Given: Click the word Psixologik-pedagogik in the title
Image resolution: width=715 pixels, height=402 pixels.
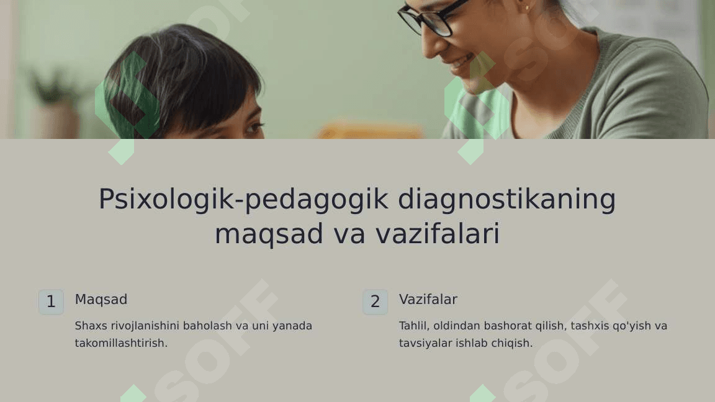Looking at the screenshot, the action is click(x=244, y=200).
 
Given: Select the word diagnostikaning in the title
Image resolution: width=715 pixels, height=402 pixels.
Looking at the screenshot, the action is click(x=506, y=200).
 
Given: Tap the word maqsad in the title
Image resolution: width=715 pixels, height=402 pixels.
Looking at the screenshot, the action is click(x=269, y=234).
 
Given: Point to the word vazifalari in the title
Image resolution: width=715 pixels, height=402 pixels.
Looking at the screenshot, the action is click(x=438, y=233).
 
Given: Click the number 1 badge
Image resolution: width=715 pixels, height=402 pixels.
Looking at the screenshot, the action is click(x=51, y=301).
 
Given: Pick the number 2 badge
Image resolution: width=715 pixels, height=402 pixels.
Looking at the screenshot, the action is click(x=375, y=301).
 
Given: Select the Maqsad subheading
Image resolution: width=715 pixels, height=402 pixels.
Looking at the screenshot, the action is click(x=101, y=300).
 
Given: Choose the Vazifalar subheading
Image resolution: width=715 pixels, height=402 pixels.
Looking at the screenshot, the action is click(x=428, y=300).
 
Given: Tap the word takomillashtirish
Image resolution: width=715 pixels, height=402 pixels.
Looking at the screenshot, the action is click(x=121, y=343).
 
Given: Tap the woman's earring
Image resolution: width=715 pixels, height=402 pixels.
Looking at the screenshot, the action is click(x=527, y=7).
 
